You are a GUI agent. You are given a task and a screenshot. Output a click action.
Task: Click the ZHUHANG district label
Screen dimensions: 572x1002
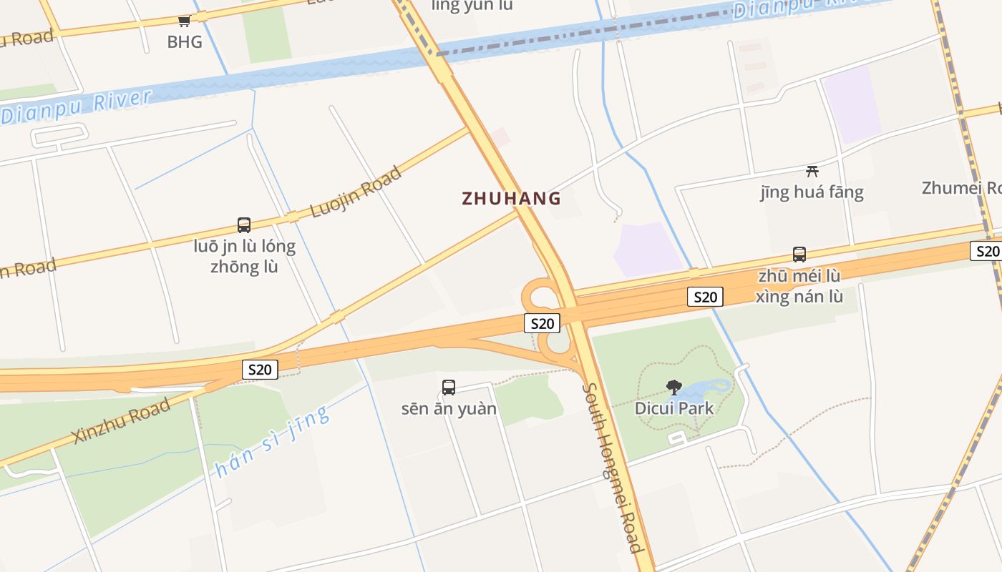511,198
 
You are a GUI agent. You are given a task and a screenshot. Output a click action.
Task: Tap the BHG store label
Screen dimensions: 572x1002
185,42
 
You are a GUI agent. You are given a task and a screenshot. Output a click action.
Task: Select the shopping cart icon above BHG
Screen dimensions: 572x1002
185,21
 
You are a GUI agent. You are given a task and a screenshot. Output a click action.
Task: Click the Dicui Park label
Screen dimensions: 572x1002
674,408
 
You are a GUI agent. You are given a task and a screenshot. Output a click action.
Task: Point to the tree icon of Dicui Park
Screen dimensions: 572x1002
674,388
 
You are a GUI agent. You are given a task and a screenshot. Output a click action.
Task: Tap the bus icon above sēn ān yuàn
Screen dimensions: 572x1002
449,388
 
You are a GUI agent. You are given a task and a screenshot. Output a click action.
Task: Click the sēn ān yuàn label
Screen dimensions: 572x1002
449,409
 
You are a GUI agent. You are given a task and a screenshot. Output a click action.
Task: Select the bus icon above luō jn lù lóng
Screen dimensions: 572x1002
244,225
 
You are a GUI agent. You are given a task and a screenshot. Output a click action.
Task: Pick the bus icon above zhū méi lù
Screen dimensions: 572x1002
799,255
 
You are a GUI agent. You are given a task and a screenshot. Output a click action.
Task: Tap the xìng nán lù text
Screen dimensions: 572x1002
799,296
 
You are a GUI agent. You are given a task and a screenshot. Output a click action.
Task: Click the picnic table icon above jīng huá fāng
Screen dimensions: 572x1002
812,171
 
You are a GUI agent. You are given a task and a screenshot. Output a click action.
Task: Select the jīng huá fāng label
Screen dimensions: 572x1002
812,192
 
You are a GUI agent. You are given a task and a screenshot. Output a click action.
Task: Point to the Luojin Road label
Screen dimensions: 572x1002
356,192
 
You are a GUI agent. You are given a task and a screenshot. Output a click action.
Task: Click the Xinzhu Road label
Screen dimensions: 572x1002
122,421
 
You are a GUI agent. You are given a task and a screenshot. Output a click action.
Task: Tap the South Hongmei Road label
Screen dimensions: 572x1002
612,468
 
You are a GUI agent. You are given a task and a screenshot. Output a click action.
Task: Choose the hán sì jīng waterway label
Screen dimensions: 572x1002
272,442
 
